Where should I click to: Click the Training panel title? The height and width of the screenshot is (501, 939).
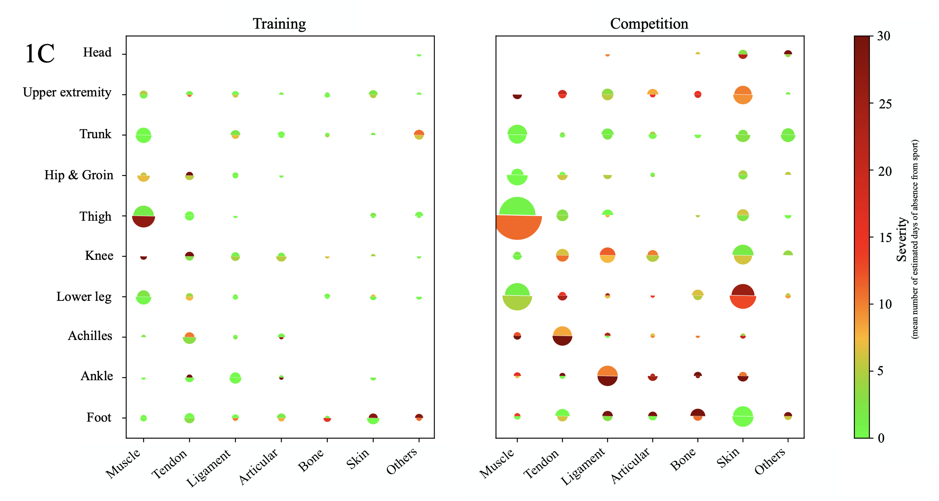point(279,24)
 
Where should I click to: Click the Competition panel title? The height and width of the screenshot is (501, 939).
point(649,24)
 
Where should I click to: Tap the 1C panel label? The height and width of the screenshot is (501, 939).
point(39,54)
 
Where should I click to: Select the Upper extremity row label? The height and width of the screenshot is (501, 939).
point(67,93)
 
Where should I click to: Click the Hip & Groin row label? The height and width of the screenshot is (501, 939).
point(79,175)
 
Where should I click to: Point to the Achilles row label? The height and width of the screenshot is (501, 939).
point(90,336)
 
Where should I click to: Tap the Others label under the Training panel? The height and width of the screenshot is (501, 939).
point(402,461)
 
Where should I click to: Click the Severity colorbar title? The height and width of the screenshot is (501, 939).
point(902,239)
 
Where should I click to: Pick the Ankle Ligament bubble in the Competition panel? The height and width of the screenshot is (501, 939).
point(607,376)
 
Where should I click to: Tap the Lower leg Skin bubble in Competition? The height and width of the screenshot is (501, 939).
point(743,296)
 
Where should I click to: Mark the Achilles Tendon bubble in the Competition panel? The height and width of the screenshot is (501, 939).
point(562,336)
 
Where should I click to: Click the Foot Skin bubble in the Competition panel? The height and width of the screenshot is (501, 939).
point(743,416)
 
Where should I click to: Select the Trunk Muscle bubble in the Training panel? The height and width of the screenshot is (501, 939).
point(143,135)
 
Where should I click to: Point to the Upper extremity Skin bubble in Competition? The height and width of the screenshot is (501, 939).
point(743,95)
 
